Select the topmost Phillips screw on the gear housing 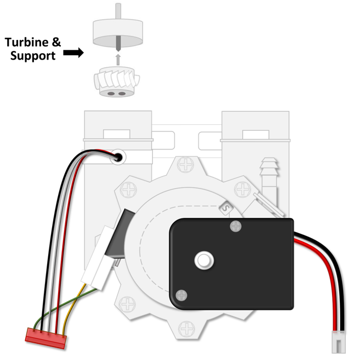click(x=187, y=164)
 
